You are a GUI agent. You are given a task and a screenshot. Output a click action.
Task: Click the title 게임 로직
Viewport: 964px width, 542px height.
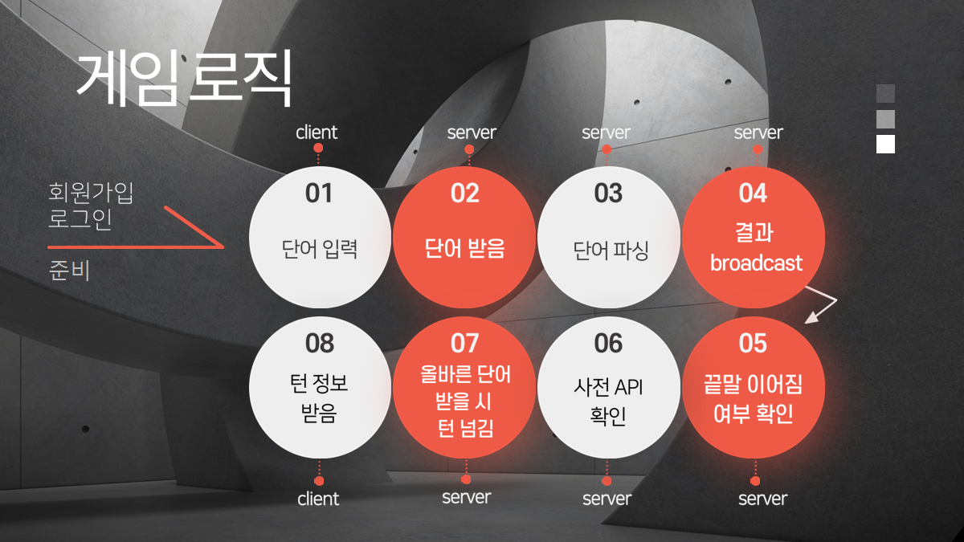[183, 79]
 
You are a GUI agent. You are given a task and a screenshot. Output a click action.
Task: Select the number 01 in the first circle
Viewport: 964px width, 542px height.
[319, 194]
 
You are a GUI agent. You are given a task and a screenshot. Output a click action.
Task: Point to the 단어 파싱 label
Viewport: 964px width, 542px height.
[610, 250]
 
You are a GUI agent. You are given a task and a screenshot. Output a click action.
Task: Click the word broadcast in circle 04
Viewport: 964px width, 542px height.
[756, 263]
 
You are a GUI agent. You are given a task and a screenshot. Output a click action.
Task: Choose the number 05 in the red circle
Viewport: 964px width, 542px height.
[754, 344]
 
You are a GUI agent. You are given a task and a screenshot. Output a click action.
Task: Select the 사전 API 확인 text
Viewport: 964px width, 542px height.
[608, 401]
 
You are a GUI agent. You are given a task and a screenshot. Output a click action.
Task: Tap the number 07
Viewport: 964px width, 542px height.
[464, 344]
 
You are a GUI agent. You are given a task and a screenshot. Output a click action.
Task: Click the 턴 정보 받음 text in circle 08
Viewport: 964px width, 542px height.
[319, 401]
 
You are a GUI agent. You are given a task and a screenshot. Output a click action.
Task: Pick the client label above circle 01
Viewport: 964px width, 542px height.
[317, 132]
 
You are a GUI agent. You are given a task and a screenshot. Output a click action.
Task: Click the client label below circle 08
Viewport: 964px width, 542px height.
[318, 499]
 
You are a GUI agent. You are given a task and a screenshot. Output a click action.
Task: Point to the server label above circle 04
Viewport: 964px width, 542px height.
[758, 132]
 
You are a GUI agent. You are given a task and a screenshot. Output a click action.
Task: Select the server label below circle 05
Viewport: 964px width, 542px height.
[762, 499]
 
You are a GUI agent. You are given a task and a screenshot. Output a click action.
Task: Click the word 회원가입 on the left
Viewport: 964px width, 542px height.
[91, 192]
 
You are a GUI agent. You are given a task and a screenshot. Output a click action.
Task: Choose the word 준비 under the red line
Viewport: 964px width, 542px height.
[69, 271]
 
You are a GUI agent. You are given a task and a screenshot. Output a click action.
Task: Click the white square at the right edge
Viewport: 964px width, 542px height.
[885, 144]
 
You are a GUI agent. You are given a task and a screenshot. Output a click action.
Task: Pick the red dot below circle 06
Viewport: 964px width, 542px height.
[607, 481]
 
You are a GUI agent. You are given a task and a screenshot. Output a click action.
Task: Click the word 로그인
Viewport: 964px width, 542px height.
[80, 219]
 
